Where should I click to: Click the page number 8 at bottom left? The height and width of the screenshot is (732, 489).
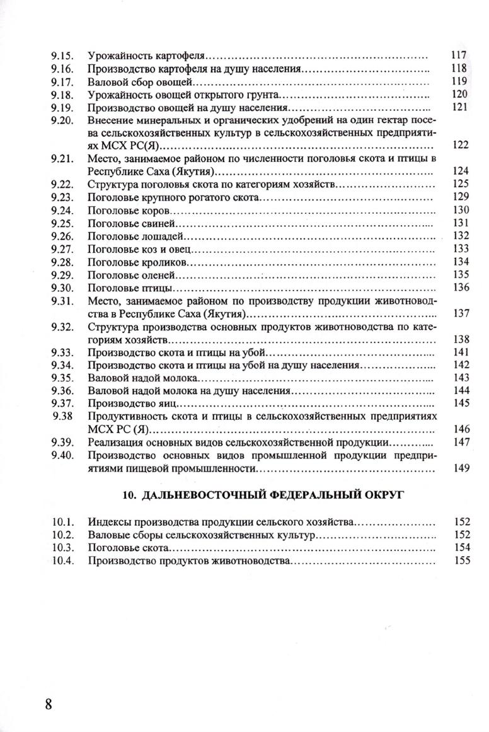tap(49, 703)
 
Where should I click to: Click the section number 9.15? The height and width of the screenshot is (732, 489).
tap(63, 55)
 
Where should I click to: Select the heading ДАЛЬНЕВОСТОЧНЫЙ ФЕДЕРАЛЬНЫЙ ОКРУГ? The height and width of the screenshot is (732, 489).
tap(252, 495)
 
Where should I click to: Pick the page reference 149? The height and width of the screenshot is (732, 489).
tap(462, 468)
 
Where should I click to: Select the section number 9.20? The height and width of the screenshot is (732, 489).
tap(63, 120)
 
